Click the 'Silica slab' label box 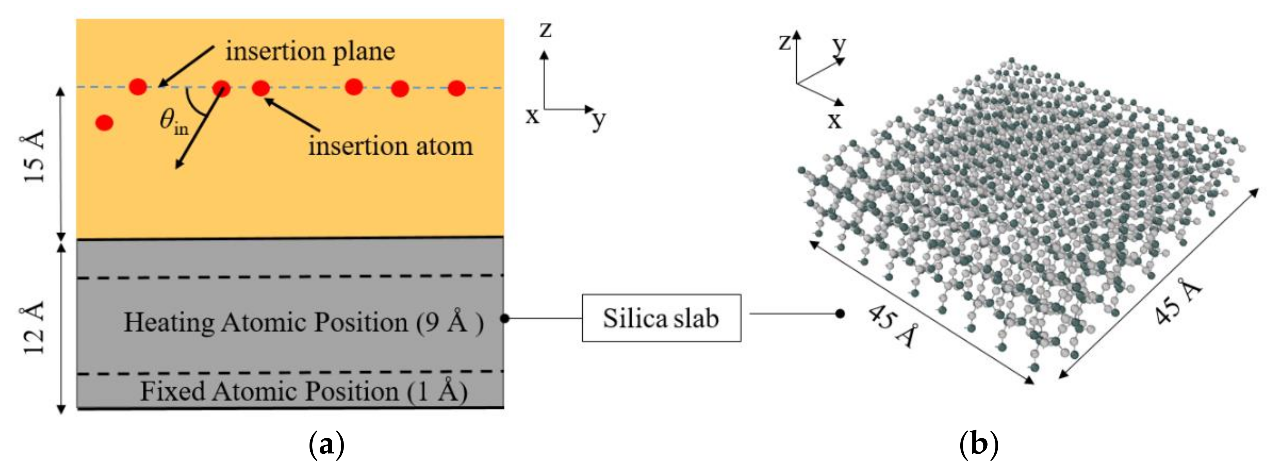click(x=661, y=318)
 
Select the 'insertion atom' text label click(x=391, y=146)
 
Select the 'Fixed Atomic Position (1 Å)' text click(x=304, y=391)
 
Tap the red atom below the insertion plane click(x=104, y=122)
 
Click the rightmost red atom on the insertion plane click(x=457, y=89)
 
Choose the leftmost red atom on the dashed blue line click(x=138, y=87)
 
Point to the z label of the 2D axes click(x=545, y=30)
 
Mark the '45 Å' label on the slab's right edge click(x=1178, y=302)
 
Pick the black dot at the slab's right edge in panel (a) click(x=504, y=318)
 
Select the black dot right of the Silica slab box click(x=840, y=313)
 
